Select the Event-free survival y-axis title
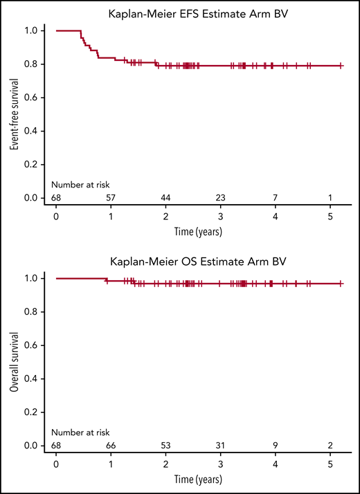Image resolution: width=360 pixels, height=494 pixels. click(x=13, y=114)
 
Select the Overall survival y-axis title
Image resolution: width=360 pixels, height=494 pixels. click(x=13, y=362)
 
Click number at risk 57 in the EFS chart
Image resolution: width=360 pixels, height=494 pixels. click(x=111, y=198)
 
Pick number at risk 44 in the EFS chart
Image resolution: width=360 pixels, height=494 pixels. click(x=165, y=198)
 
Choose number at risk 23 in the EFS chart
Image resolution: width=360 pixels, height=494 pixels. click(x=220, y=198)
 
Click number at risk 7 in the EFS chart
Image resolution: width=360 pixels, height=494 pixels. click(x=276, y=198)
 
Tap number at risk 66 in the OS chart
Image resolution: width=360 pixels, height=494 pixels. click(x=111, y=446)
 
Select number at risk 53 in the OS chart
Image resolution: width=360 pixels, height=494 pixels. click(x=165, y=446)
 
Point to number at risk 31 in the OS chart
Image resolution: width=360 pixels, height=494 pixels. click(x=220, y=446)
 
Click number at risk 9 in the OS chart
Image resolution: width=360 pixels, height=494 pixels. click(x=276, y=446)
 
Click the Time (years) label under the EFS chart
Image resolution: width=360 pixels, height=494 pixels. click(x=198, y=229)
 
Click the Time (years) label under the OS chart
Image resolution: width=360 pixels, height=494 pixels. click(x=198, y=477)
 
